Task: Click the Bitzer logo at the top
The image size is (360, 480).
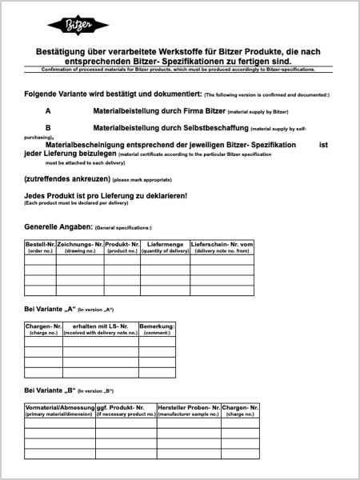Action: [78, 26]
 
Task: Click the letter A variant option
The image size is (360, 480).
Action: [48, 111]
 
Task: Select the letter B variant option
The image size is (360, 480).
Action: [48, 127]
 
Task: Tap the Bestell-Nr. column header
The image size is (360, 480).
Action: [40, 247]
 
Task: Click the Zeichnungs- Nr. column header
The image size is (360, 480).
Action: [80, 247]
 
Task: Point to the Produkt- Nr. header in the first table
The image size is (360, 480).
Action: [122, 247]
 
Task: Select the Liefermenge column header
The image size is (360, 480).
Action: [166, 247]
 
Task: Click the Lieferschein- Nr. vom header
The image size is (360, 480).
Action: [222, 247]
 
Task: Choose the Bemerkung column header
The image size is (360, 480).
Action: [157, 329]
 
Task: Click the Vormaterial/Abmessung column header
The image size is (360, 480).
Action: [59, 410]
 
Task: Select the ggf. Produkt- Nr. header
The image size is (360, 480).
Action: [126, 410]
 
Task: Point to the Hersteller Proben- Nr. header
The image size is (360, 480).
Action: [188, 410]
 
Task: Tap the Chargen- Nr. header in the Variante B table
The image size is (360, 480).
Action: [240, 410]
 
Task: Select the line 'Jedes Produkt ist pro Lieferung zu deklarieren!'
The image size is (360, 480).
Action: [106, 195]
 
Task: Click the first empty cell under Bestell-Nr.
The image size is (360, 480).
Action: [40, 259]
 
